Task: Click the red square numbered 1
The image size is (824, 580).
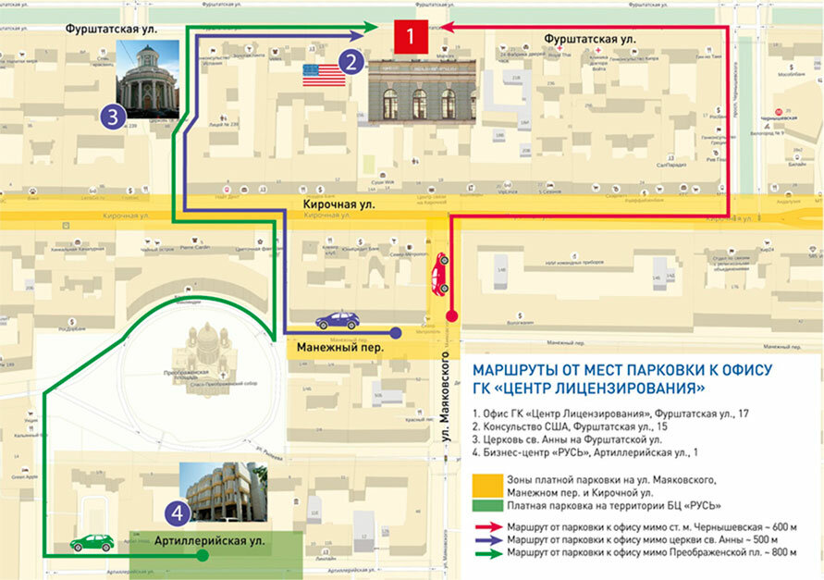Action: pos(411,36)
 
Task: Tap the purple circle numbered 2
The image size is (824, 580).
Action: pos(351,62)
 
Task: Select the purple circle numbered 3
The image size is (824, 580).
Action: pos(112,117)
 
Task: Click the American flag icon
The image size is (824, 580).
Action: pos(323,74)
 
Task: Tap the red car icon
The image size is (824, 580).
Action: pos(441,273)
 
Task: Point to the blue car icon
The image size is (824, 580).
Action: pos(337,320)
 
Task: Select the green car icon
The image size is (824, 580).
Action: pos(92,542)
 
